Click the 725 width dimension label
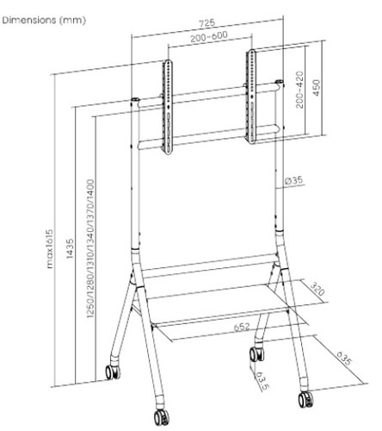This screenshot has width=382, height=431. (207, 23)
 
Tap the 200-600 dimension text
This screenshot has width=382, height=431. (209, 36)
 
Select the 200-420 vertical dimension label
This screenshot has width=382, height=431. (299, 90)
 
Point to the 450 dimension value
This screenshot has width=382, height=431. (316, 88)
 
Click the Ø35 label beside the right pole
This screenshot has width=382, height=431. (294, 180)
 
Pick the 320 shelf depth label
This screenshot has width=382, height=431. (317, 290)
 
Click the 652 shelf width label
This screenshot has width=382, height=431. (242, 327)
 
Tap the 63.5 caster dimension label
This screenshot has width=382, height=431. (262, 380)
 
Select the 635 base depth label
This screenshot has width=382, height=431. (343, 358)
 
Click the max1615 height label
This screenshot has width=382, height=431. (50, 249)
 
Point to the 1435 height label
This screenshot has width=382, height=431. (70, 248)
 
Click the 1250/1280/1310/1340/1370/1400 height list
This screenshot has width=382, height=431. (90, 248)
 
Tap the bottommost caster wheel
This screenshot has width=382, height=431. (162, 417)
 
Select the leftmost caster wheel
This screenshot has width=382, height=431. (113, 372)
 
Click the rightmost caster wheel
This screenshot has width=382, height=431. (305, 399)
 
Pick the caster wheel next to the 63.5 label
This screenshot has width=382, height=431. (256, 354)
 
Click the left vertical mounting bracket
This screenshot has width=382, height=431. (168, 107)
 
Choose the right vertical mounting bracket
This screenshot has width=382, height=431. (251, 97)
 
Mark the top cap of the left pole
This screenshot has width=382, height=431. (135, 100)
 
